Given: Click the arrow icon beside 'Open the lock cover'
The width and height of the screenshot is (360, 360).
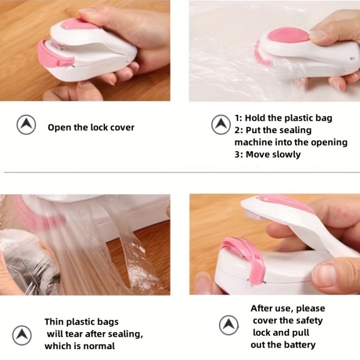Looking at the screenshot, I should pos(26,125).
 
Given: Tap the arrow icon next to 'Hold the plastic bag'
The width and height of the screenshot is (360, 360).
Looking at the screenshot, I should pos(221,125).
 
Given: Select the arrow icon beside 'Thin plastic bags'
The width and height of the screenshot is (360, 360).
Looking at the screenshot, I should pos(22,335).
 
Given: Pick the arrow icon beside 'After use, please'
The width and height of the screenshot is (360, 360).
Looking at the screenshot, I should pos(229,325).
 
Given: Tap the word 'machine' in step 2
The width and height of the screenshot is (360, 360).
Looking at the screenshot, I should pos(252,142).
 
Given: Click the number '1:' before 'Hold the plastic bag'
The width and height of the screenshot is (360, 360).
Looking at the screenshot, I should pos(239,118).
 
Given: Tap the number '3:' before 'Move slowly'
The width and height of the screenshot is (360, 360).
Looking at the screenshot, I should pos(239,154).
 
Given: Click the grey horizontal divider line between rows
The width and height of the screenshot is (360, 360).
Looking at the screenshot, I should pos(180,173).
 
